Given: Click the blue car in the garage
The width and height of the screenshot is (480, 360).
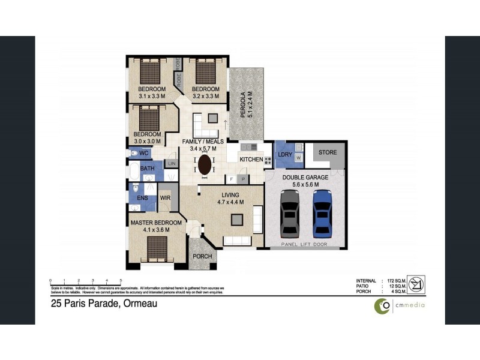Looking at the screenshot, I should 322,213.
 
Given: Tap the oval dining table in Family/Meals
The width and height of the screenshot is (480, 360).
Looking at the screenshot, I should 205,164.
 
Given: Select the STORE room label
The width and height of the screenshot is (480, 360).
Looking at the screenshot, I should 328,152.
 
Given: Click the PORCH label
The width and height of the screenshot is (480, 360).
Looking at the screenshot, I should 202,256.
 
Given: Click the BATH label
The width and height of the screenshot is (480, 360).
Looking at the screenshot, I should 148,169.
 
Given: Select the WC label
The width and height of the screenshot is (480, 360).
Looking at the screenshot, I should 143,154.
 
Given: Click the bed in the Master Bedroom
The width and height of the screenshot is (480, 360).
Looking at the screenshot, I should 157,246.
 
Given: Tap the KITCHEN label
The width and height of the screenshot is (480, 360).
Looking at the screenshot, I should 250,160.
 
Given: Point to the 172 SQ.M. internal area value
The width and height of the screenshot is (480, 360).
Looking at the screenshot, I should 397,281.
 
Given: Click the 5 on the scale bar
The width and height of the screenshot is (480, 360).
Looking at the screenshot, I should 121,280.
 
